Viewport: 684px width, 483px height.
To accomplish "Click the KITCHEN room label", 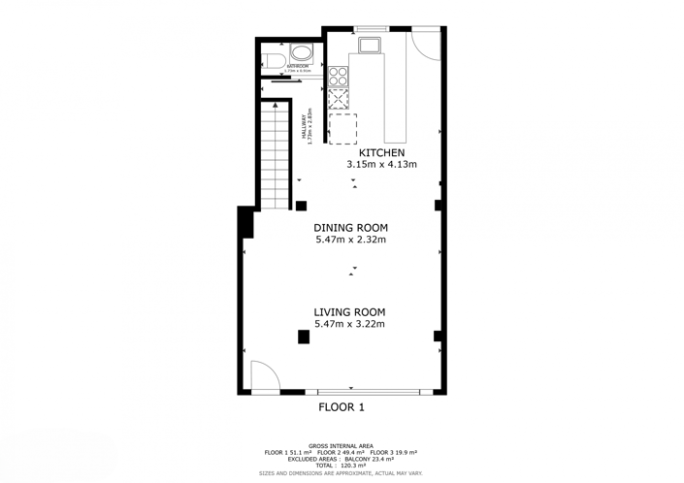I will click(x=381, y=153).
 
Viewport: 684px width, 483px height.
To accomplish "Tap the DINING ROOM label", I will click(x=350, y=228).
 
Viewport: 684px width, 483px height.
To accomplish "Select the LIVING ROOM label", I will click(x=349, y=312).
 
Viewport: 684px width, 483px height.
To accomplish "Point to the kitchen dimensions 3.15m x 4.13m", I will click(x=381, y=165).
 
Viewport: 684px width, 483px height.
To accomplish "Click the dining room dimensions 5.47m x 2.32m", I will click(x=350, y=240).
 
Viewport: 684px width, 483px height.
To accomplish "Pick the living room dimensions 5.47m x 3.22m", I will click(x=349, y=324).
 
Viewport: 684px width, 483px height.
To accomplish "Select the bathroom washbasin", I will click(x=302, y=53).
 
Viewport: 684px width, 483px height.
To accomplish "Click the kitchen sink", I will click(x=371, y=44).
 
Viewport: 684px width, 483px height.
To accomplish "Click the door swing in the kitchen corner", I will click(x=424, y=42).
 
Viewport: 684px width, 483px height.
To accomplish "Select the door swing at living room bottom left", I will click(x=263, y=377).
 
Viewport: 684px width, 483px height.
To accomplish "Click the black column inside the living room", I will click(x=304, y=337).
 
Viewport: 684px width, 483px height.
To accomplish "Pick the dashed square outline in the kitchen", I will click(x=342, y=129).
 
